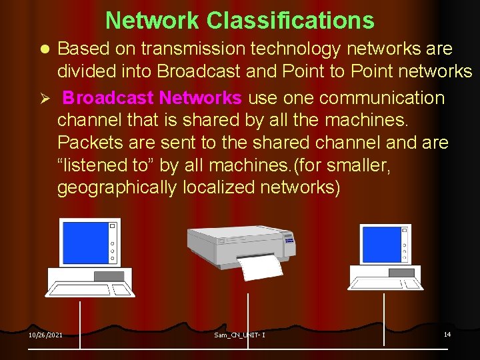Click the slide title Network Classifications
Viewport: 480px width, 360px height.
pos(239,21)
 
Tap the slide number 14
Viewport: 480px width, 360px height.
pos(447,334)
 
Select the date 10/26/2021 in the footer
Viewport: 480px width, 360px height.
pos(45,335)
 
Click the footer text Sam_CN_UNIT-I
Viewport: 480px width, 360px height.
pos(239,335)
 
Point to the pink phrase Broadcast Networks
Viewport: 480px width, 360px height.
pos(152,98)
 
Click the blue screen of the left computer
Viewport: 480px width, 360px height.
pos(85,243)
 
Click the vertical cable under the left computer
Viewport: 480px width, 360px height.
pos(80,323)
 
